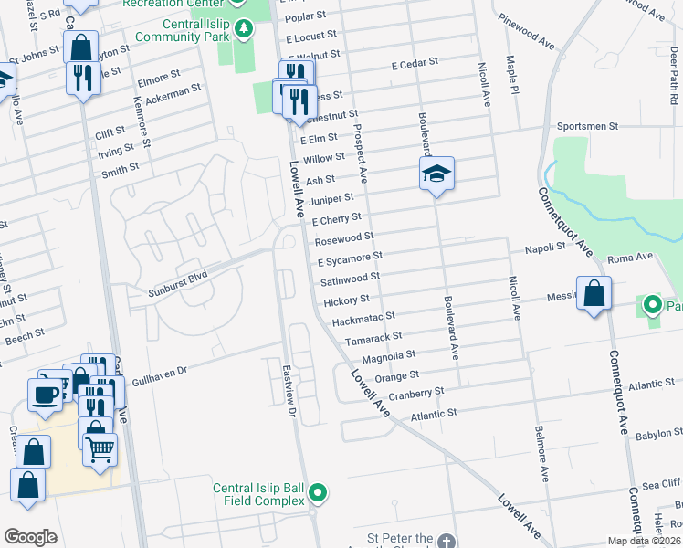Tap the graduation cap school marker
[x=436, y=173]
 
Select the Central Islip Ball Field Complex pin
[x=318, y=494]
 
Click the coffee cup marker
[x=45, y=394]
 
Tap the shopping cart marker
[x=100, y=448]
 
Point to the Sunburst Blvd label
[x=178, y=284]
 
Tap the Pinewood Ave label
[x=528, y=32]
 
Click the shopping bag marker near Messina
[x=594, y=295]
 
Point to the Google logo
[x=30, y=537]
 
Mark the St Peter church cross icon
[x=445, y=541]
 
